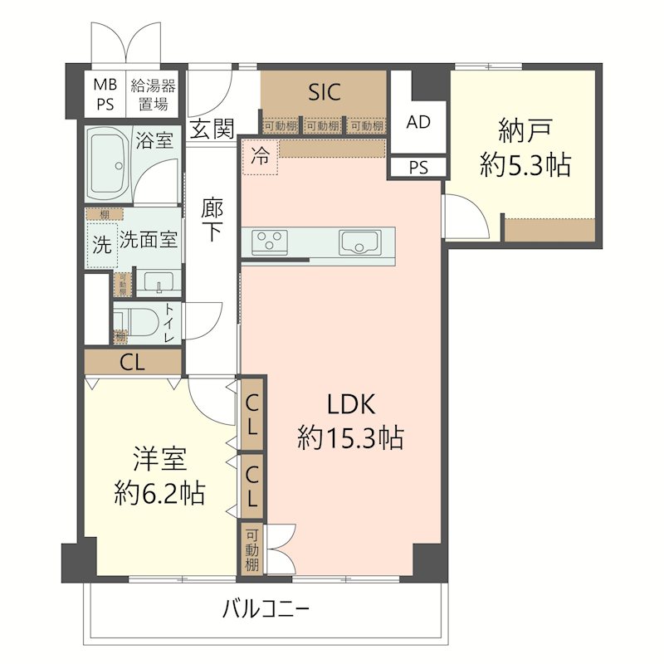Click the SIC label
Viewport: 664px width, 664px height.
[324, 92]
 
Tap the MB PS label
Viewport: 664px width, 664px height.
[105, 94]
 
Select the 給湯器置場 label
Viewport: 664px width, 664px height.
[154, 94]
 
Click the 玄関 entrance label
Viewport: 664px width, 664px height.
[211, 129]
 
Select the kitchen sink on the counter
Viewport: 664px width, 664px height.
[358, 243]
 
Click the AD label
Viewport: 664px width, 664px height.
[418, 122]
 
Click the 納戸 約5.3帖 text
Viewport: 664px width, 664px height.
[525, 148]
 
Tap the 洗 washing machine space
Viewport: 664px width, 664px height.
[100, 247]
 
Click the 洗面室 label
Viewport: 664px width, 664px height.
[148, 241]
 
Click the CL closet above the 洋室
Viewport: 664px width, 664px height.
[133, 362]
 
